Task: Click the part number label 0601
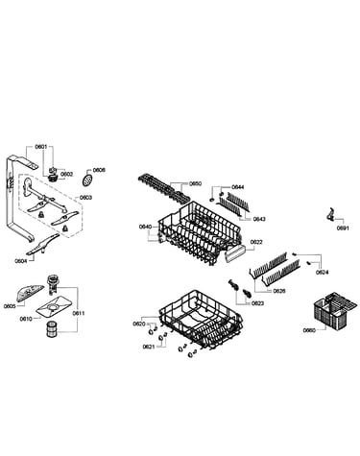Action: click(x=40, y=147)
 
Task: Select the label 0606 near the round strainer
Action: click(x=99, y=170)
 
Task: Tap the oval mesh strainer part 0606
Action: click(x=87, y=180)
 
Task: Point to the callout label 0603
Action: click(x=85, y=198)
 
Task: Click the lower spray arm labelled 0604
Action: click(x=42, y=245)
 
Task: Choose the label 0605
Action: click(x=10, y=306)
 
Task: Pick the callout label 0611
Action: click(x=79, y=313)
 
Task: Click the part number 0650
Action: click(x=195, y=183)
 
